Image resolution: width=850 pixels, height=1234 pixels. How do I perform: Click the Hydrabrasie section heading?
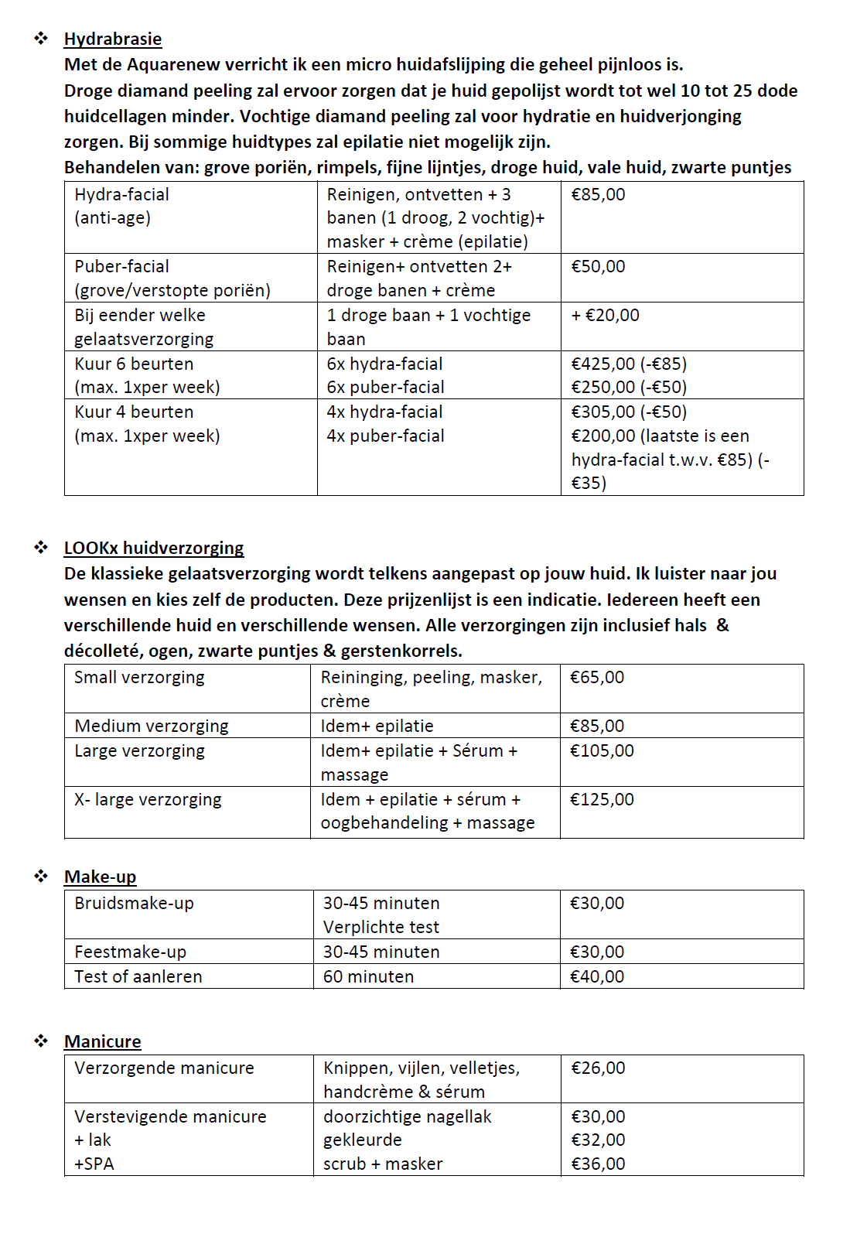[113, 39]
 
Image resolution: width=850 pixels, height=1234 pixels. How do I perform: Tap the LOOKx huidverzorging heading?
[153, 549]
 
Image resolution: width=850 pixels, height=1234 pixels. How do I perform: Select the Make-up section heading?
[100, 877]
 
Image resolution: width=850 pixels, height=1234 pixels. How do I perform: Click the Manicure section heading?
[102, 1042]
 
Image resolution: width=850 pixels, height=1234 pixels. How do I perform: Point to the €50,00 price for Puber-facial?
[598, 267]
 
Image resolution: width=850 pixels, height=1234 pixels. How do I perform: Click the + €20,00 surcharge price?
[605, 316]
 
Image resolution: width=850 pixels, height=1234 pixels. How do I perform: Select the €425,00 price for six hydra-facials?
[603, 364]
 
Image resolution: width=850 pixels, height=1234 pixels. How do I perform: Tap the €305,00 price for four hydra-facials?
[603, 412]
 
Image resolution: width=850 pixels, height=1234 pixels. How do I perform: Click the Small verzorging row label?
[139, 678]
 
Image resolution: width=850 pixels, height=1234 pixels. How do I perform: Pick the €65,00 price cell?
[596, 678]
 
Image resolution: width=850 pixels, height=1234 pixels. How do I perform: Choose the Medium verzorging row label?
[152, 726]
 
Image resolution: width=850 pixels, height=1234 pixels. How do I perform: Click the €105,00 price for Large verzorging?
[602, 751]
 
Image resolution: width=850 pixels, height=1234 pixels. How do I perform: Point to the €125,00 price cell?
[602, 800]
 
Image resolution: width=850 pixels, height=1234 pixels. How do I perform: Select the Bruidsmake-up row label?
[134, 904]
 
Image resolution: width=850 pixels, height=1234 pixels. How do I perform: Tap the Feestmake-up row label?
[130, 952]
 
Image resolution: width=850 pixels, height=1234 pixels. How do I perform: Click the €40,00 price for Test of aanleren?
[596, 977]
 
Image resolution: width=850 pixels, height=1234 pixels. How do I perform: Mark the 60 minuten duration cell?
[368, 977]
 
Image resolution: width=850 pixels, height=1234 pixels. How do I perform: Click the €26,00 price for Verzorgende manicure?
[598, 1068]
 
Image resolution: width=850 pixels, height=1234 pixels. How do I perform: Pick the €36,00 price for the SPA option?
[598, 1164]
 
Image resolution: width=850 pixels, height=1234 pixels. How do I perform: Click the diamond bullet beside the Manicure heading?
[41, 1041]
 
